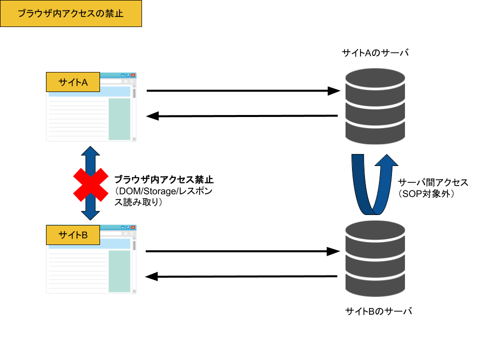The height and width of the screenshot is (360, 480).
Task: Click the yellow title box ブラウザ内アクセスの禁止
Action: [70, 13]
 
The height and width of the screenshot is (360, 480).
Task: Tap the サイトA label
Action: [73, 82]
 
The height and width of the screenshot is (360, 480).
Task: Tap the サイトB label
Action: [73, 235]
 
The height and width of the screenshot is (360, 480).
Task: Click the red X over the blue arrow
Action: [90, 184]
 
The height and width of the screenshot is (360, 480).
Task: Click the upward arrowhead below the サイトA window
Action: [90, 150]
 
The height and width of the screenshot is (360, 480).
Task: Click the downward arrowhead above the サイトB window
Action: [90, 215]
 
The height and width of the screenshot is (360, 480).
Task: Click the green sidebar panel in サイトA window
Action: [119, 119]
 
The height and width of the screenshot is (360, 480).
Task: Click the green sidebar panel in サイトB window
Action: [119, 271]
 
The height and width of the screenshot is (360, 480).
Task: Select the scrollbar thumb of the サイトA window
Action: [134, 93]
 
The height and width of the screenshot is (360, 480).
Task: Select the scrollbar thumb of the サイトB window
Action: [134, 245]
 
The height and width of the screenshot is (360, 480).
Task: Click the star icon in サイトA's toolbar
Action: [125, 81]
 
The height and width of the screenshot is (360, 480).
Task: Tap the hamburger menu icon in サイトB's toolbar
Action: [131, 233]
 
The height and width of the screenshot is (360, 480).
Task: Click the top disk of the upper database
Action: [375, 78]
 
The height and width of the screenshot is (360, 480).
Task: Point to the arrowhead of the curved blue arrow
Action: [386, 160]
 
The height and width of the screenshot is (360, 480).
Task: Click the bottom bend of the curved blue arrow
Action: [368, 210]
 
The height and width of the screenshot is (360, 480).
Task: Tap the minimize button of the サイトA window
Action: [123, 74]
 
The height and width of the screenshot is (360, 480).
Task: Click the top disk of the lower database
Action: [375, 230]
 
